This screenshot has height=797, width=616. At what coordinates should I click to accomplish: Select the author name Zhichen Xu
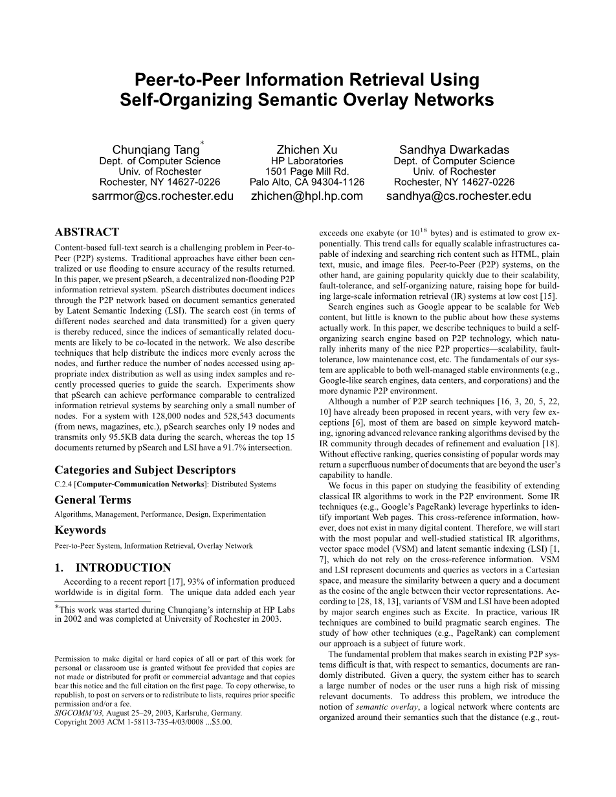click(x=307, y=149)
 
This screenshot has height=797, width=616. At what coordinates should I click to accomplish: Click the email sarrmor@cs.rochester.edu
click(x=162, y=196)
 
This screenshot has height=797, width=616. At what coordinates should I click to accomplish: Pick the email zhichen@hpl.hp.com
click(x=307, y=196)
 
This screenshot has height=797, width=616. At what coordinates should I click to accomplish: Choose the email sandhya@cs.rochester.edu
click(x=458, y=196)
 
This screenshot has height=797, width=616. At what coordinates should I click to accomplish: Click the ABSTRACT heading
click(x=87, y=232)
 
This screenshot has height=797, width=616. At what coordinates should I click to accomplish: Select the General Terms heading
click(x=93, y=500)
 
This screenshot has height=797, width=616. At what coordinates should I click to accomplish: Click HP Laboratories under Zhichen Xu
click(x=307, y=161)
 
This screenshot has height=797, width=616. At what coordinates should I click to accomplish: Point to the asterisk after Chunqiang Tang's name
click(x=202, y=142)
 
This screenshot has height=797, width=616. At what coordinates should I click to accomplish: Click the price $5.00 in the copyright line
click(x=219, y=722)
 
